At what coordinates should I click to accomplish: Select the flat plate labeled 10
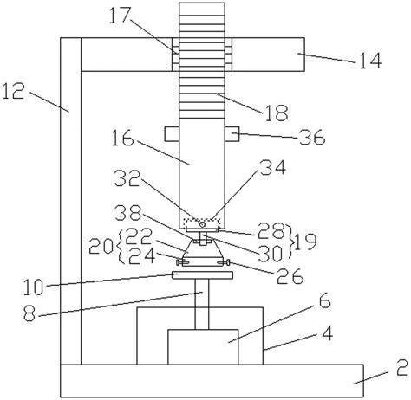tap(203, 276)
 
